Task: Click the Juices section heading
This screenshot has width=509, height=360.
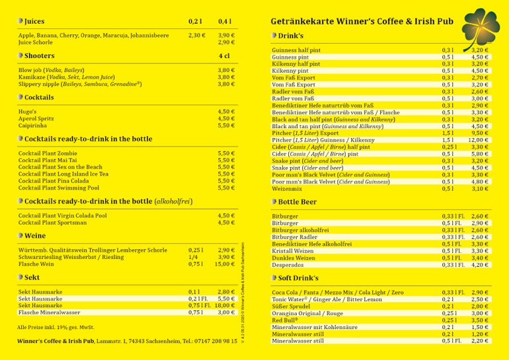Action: pos(34,21)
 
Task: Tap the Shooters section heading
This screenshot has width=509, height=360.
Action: pos(39,56)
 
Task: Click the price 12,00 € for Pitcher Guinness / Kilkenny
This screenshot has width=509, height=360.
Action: pos(479,140)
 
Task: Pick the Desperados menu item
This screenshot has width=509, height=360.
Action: pos(288,265)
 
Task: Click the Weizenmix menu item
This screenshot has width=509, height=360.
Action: pos(287,189)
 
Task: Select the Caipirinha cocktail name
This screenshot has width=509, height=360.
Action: pos(32,126)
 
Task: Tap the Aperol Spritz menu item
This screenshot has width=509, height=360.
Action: pos(36,118)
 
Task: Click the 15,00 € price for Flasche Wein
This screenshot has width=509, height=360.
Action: pos(224,264)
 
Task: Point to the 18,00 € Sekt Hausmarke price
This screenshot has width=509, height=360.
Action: pos(224,306)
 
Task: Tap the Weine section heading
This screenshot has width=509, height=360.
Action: pos(34,236)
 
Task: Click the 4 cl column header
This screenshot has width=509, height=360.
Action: pos(224,56)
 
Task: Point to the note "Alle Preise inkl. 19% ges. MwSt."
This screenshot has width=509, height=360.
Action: pos(56,327)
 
